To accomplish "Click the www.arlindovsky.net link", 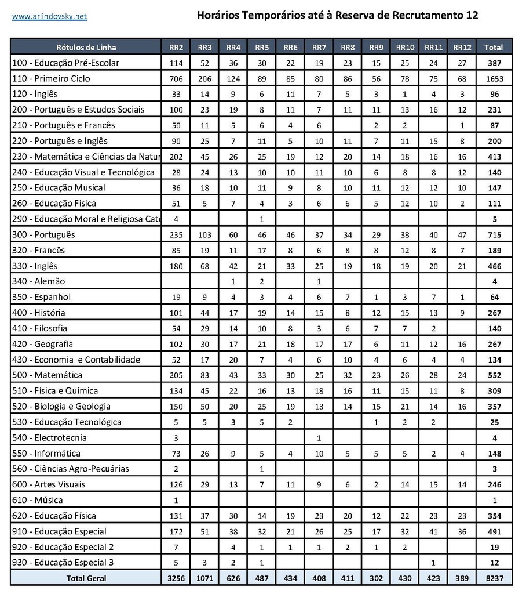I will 49,16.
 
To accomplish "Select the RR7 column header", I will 319,47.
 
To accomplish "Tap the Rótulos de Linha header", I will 86,47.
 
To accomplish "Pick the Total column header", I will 494,47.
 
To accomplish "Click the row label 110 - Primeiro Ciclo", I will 52,78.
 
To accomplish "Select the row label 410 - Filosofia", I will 40,328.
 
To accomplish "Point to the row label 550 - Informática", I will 46,453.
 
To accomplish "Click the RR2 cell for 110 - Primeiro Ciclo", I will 176,78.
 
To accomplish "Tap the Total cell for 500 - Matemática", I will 494,375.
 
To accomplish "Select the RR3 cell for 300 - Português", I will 204,234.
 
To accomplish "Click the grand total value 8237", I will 494,578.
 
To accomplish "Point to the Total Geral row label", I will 86,578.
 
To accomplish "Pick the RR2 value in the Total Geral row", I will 176,578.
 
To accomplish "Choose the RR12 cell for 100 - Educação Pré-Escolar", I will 462,63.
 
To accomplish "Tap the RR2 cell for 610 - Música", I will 176,500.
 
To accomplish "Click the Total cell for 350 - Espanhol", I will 494,297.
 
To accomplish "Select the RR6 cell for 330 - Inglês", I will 291,266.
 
